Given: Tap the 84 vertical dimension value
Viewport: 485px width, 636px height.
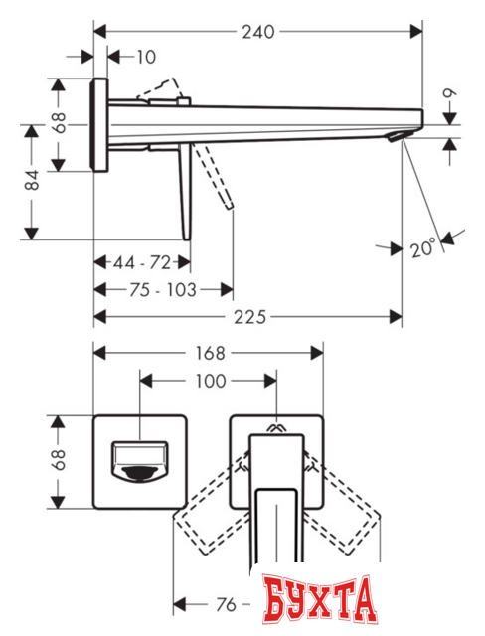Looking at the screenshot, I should tap(33, 180).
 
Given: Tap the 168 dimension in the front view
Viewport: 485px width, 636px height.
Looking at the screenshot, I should tap(210, 353).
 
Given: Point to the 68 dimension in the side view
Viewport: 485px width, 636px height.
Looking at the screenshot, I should tap(60, 124).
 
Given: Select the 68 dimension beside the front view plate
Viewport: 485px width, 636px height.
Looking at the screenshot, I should tap(60, 459).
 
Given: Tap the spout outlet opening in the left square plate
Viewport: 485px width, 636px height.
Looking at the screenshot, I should tap(139, 462).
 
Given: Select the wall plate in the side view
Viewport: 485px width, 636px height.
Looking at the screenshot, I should tap(98, 125).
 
